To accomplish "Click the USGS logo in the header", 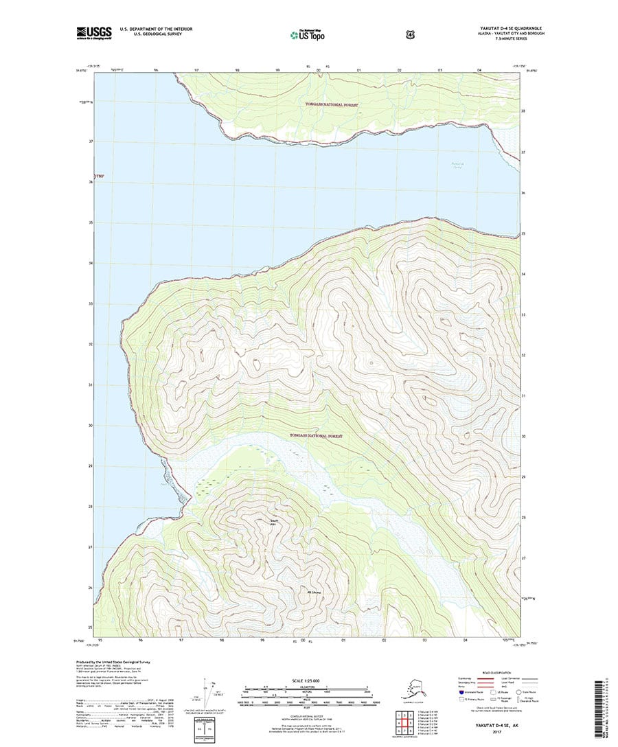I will click(x=93, y=32).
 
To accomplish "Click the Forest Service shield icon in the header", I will click(x=352, y=32).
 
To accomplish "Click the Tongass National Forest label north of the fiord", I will click(x=332, y=104).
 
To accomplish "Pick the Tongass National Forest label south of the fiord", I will click(x=316, y=435).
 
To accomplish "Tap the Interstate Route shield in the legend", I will click(x=460, y=693).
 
